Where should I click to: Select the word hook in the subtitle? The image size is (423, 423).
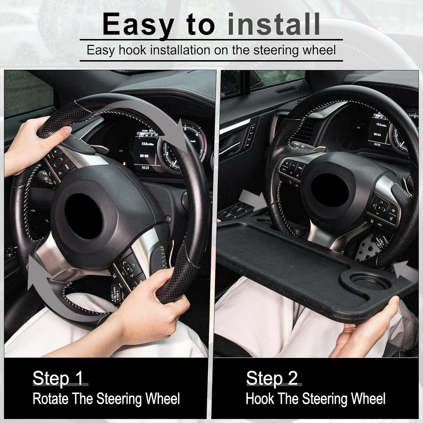coord(132,50)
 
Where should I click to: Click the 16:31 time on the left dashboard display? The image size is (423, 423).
coord(145,168)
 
